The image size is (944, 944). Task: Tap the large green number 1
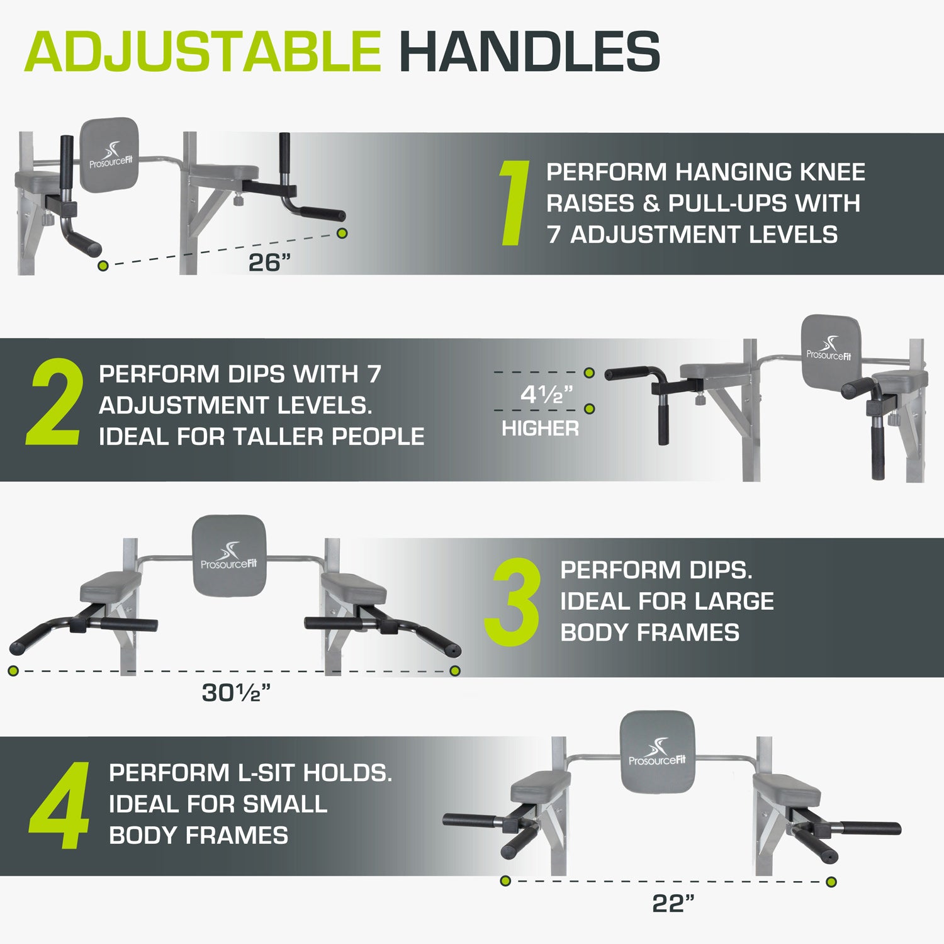[514, 202]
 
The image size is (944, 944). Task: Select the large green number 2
[55, 403]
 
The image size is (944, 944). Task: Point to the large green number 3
[512, 602]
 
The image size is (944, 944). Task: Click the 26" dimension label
[270, 262]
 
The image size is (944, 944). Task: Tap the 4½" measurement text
[546, 395]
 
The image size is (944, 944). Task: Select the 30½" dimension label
[236, 692]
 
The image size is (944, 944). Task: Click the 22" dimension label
[673, 903]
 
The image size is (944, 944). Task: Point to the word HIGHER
[540, 429]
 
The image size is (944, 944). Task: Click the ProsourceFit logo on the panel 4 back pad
[657, 753]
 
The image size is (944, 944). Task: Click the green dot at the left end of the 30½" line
[13, 671]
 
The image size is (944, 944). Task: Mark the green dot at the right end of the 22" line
[831, 882]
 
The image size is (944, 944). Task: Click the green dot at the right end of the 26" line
[342, 233]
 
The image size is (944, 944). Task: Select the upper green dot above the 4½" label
[589, 373]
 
